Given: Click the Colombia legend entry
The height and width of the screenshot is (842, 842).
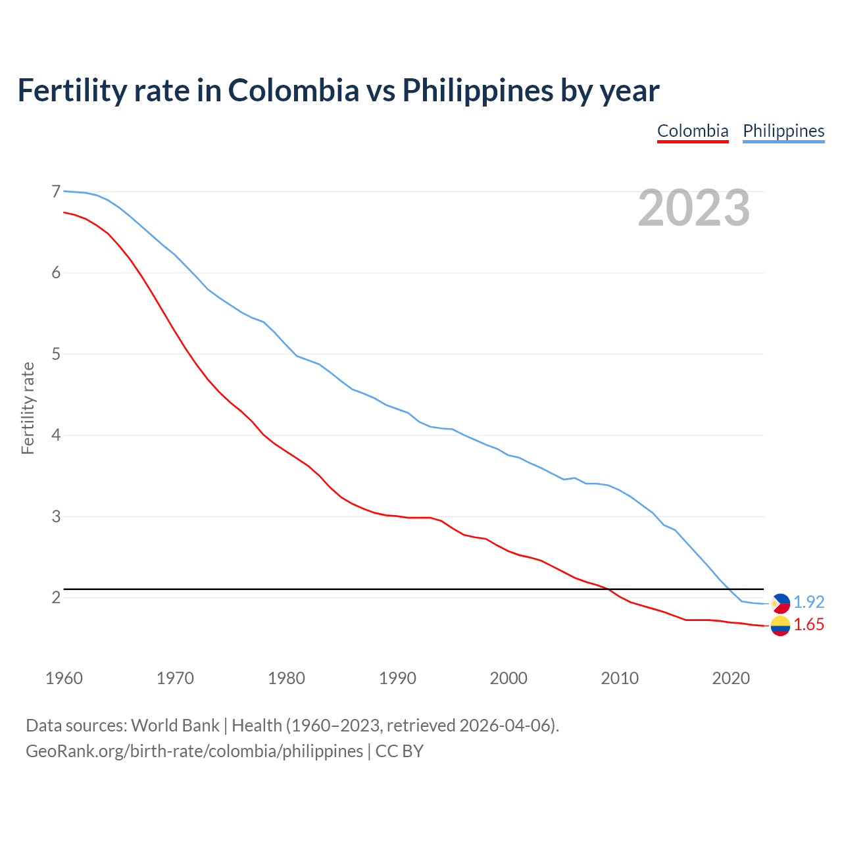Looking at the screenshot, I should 693,131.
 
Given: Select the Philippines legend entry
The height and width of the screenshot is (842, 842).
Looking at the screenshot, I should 783,131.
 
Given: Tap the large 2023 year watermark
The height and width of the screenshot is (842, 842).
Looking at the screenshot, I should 694,208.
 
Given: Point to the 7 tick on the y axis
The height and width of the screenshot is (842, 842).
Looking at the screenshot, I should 56,191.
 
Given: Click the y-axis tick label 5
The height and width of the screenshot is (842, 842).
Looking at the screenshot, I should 56,354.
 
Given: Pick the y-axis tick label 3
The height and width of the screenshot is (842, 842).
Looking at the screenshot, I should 56,516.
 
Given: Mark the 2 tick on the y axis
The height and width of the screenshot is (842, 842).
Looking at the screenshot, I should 56,597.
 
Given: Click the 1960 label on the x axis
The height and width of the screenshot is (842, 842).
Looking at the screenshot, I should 64,678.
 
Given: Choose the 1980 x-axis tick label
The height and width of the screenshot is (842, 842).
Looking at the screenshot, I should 286,678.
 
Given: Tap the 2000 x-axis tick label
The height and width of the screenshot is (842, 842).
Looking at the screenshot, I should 508,678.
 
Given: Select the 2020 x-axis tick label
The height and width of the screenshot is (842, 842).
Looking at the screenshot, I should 731,678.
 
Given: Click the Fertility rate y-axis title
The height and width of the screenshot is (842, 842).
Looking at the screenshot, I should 28,408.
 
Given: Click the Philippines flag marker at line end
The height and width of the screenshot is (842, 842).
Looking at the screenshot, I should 780,603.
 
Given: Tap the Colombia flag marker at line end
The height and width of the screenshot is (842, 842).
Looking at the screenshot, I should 780,626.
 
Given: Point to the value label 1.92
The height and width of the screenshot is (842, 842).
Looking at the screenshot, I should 808,602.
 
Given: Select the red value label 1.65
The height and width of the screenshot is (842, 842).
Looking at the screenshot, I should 808,625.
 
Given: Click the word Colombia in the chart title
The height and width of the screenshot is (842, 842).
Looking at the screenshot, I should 293,90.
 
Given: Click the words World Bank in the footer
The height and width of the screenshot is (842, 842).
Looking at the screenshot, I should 175,726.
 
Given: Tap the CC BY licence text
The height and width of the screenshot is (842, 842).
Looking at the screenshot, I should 399,751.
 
